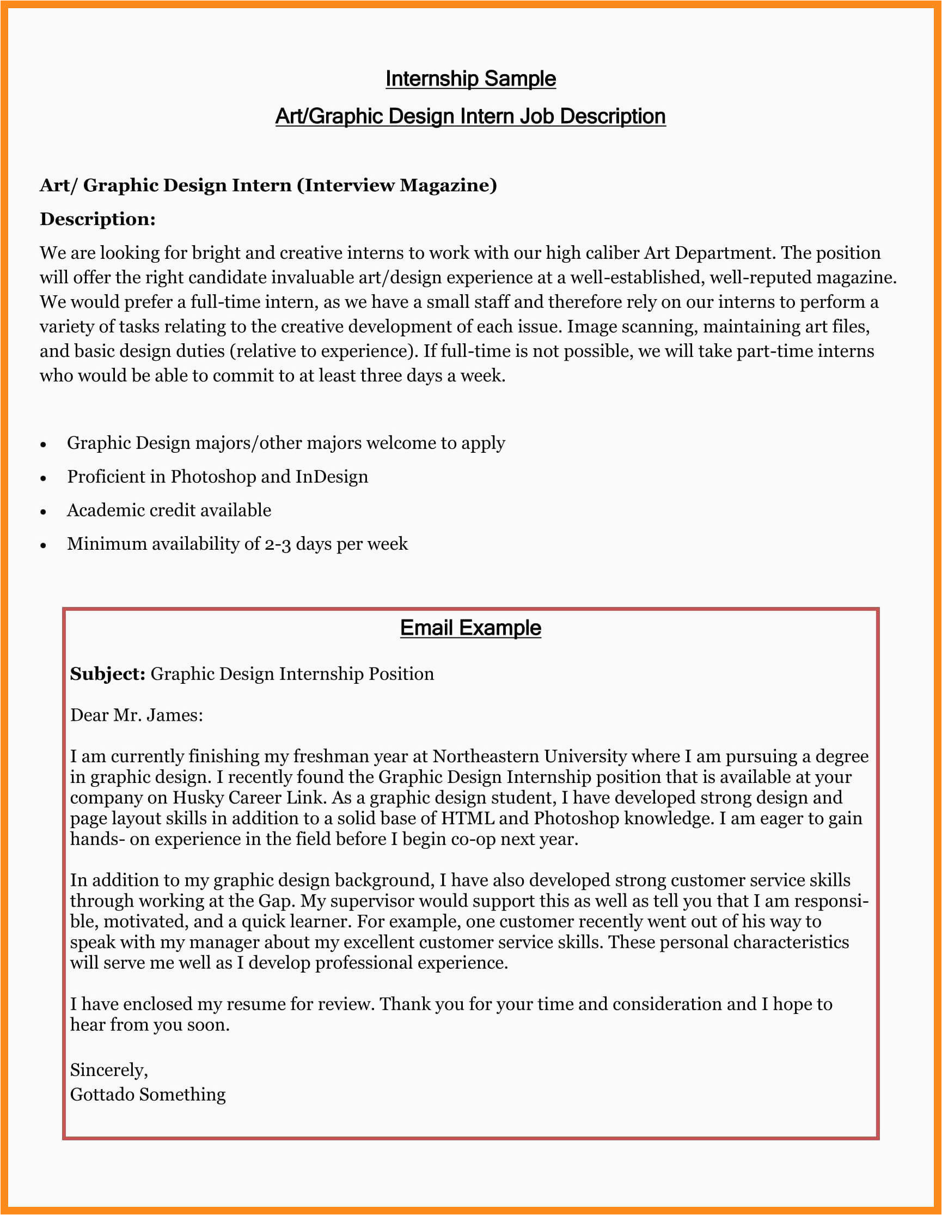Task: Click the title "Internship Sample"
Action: tap(470, 79)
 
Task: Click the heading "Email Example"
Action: tap(470, 628)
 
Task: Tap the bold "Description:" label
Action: tap(97, 219)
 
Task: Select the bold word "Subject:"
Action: tap(107, 674)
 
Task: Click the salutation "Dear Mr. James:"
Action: tap(136, 715)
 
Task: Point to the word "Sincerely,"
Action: tap(109, 1070)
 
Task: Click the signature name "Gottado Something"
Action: tap(148, 1094)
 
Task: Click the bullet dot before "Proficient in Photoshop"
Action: tap(44, 478)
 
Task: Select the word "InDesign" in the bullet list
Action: tap(332, 477)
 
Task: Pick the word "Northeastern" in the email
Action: tap(486, 757)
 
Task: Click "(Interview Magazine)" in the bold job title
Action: tap(397, 185)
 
